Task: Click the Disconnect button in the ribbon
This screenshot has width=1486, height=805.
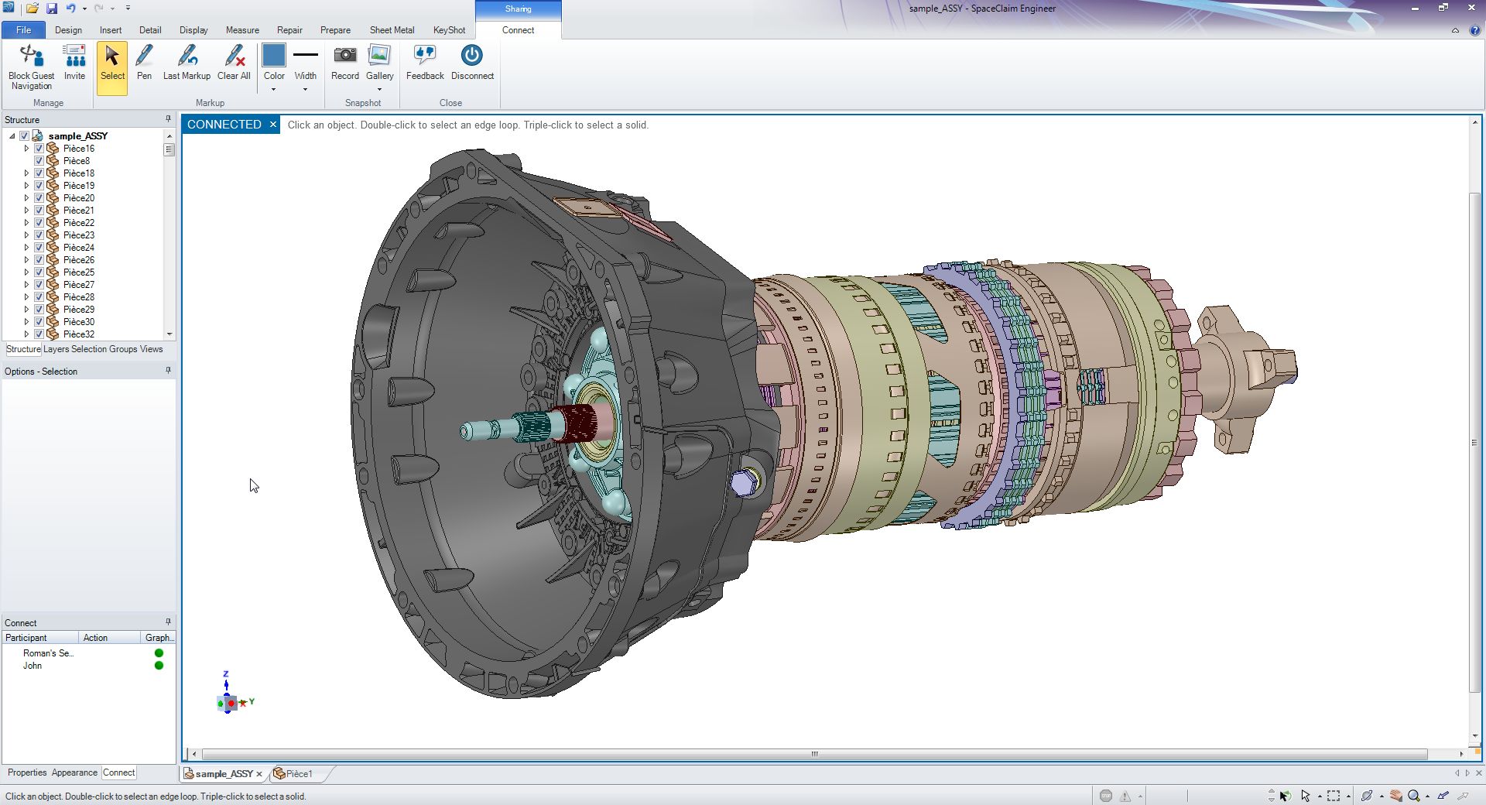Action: [x=471, y=62]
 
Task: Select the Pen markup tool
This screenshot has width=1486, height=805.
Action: [x=144, y=62]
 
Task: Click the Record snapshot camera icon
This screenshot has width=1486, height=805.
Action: [x=344, y=56]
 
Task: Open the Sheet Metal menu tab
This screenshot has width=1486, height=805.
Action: [x=392, y=30]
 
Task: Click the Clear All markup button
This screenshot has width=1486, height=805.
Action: [x=234, y=62]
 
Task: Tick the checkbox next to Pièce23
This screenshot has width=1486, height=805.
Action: [x=39, y=235]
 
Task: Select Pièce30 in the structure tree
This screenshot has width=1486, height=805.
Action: [x=79, y=322]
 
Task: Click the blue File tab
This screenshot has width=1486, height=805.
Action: [x=23, y=30]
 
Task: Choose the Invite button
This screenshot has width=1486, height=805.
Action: [x=74, y=62]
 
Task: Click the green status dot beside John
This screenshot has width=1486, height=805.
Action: [x=159, y=666]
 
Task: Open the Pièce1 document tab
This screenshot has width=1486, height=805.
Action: [x=299, y=773]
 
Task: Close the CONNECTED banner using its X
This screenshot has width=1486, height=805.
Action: [x=273, y=125]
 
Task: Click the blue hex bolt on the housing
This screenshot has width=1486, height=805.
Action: [x=742, y=484]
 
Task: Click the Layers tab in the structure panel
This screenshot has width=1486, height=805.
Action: [x=56, y=349]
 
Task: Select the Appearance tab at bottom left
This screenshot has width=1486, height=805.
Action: [x=74, y=772]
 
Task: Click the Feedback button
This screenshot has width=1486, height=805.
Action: [x=425, y=62]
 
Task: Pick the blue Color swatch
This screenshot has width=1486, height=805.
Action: [x=274, y=56]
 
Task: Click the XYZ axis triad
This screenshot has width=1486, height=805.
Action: [x=229, y=701]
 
